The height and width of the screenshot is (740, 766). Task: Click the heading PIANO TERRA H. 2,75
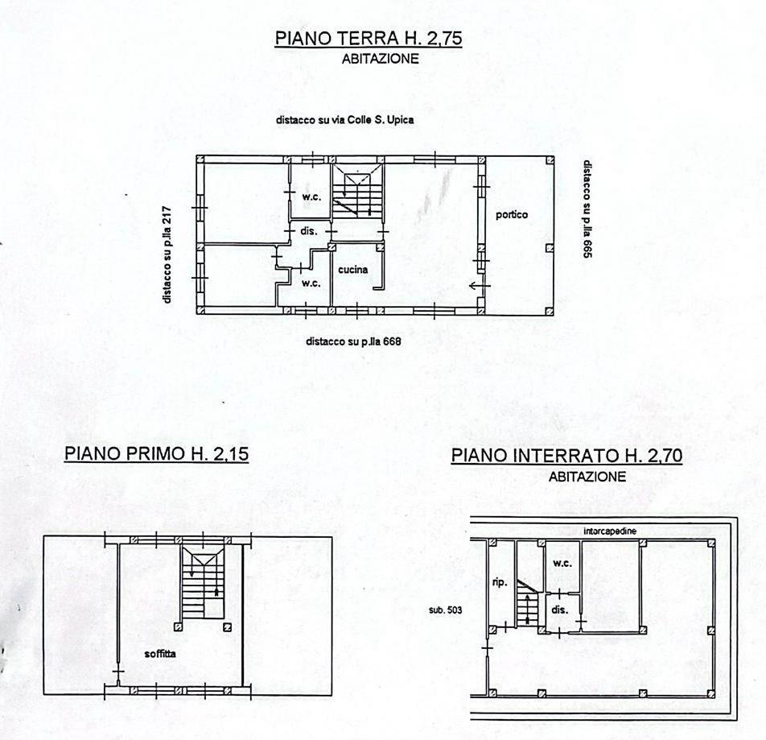[369, 38]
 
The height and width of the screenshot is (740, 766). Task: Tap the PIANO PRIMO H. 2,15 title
[156, 453]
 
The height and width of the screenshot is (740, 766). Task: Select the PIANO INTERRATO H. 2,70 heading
[566, 456]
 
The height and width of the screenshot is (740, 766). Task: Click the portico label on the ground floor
[512, 214]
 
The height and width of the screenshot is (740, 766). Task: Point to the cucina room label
[352, 269]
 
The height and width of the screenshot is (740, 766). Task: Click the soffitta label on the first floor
[160, 654]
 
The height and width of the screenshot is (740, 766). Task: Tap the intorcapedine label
[610, 531]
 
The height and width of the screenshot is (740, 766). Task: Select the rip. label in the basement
[500, 583]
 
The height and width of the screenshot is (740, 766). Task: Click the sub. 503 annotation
[445, 610]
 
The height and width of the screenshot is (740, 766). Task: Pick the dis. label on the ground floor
[309, 231]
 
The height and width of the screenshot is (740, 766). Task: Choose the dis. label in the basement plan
[560, 610]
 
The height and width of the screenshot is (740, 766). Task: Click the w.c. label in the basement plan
[562, 564]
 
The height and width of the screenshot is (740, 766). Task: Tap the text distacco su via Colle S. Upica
[345, 120]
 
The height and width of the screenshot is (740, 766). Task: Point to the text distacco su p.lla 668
[353, 341]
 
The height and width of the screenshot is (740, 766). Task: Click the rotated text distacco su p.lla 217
[167, 254]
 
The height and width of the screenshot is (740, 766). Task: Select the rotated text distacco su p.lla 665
[587, 209]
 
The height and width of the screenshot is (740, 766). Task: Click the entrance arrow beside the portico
[480, 286]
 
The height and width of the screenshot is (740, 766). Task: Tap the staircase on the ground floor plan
[357, 191]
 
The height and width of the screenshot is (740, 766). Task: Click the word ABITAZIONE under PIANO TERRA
[381, 59]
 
